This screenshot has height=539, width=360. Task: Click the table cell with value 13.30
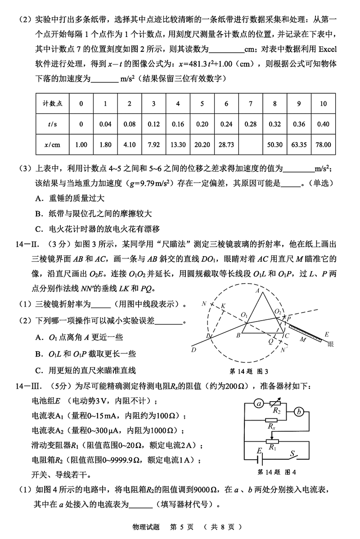coord(178,145)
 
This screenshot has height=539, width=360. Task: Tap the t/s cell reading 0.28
coord(250,124)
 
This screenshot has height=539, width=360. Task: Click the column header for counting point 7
coord(250,104)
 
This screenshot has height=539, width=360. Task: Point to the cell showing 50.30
coord(274,145)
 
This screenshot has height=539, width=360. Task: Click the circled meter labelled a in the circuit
coord(259,404)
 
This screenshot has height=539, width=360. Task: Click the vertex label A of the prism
coord(257,290)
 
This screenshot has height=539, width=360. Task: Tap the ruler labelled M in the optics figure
coord(303,336)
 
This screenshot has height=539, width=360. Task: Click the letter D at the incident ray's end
coord(194,350)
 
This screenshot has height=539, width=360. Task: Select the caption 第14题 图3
coord(249,371)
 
